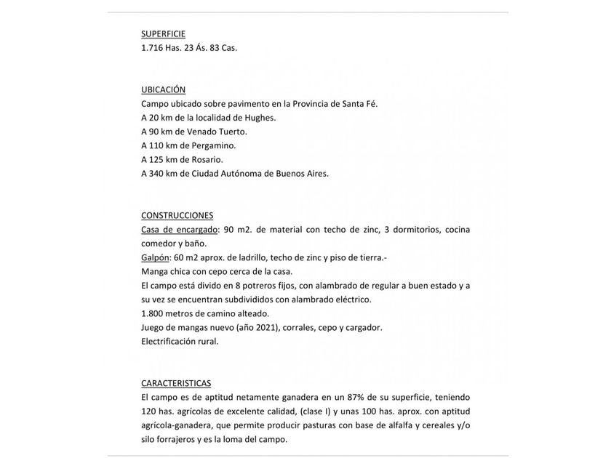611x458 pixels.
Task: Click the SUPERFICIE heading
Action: pos(163,33)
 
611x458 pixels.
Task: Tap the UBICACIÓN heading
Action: pos(163,89)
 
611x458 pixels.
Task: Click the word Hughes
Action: pos(259,118)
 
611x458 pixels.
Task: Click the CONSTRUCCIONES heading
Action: pos(177,215)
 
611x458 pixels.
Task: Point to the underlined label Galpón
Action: pos(155,257)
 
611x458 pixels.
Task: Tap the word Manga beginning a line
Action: pos(155,271)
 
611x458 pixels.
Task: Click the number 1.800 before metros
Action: pos(153,313)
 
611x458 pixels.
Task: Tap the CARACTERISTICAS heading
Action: pos(176,383)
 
